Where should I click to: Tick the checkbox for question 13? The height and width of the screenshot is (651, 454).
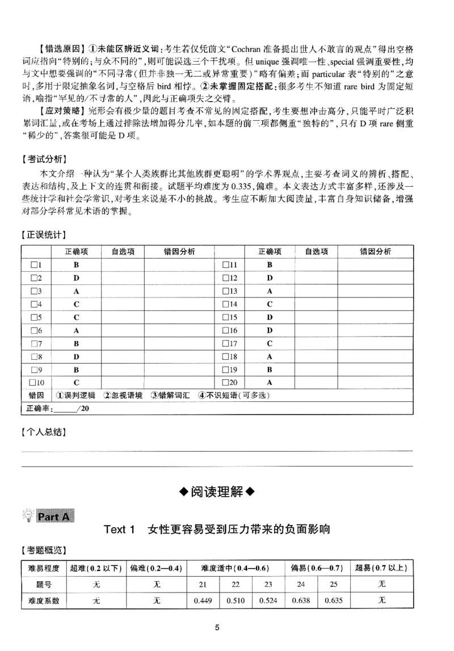point(226,291)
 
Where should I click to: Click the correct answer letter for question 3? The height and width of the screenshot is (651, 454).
point(75,291)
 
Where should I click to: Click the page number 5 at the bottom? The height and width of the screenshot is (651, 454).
point(217,627)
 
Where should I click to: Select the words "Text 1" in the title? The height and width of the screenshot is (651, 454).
point(119,530)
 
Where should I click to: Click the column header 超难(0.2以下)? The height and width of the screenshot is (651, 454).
point(96,568)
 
